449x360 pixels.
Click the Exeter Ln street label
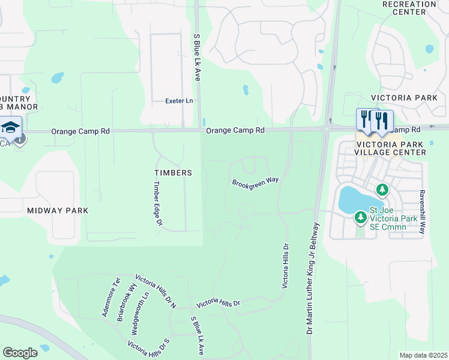point(179,101)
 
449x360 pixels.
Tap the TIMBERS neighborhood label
point(172,173)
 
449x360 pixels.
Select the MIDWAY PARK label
point(57,211)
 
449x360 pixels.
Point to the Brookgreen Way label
point(256,181)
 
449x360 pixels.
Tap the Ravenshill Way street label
point(423,212)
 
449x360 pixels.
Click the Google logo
point(20,353)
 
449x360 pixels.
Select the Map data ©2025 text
point(423,355)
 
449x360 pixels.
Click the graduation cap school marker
point(11,127)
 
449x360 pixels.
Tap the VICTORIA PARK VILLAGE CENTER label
point(391,148)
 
